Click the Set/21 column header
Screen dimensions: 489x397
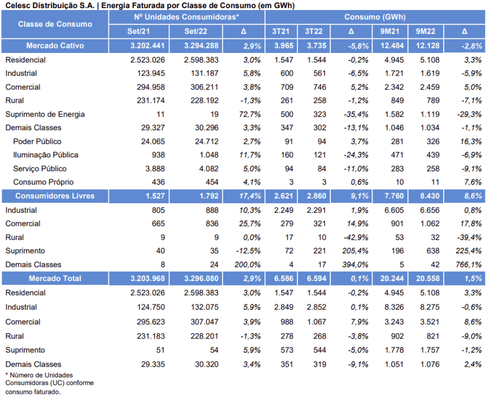click(139, 31)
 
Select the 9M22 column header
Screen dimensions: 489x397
click(425, 31)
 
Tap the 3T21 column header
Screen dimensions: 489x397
click(281, 31)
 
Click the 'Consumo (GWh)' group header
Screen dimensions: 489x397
click(375, 17)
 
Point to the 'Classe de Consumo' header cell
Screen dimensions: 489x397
click(55, 24)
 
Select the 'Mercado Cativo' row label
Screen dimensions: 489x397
click(55, 45)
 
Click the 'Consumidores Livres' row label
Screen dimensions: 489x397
click(55, 196)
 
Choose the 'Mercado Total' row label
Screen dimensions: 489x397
click(55, 278)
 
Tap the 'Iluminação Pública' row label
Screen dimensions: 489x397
click(45, 155)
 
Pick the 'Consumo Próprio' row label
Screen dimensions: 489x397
click(43, 182)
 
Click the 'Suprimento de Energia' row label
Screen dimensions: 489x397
click(45, 114)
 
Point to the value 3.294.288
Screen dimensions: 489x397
click(201, 45)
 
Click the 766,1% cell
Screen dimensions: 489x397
click(469, 265)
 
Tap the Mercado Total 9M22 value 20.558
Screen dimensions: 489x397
click(427, 278)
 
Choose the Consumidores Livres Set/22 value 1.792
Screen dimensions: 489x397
click(209, 196)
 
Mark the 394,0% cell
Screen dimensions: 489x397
click(355, 265)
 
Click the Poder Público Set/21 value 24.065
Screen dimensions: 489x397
click(153, 142)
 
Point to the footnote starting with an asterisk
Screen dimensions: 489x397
click(49, 383)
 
